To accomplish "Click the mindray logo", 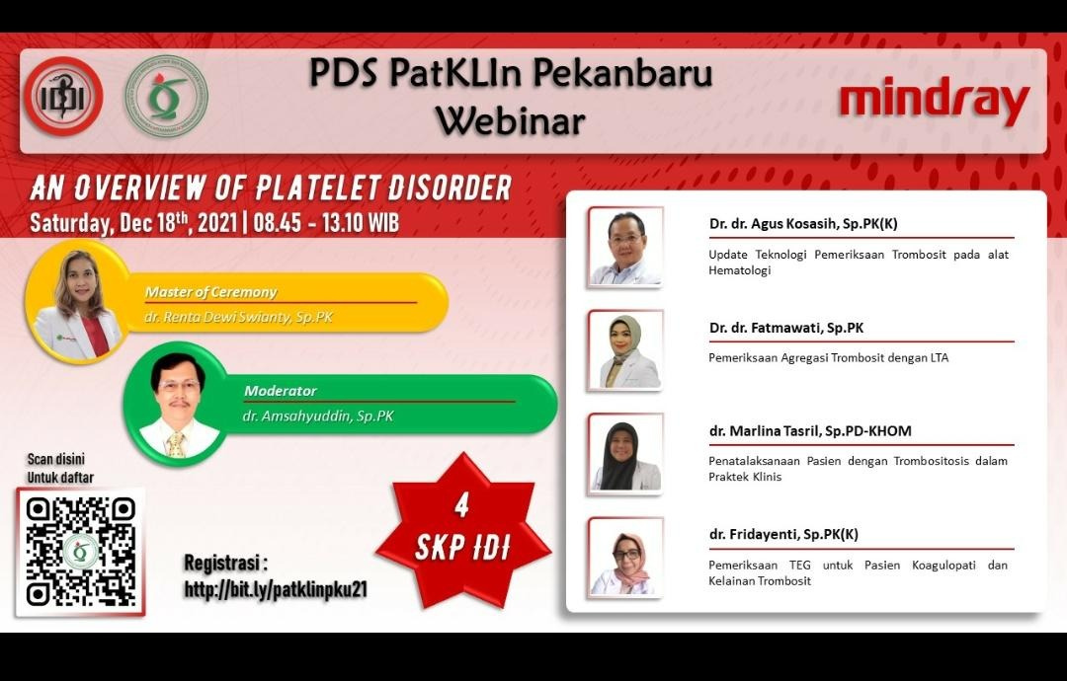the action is point(935,103).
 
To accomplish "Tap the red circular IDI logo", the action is point(63,96).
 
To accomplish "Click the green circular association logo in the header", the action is point(166,96).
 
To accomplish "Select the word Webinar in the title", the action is point(511,121).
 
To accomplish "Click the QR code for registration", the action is point(80,552).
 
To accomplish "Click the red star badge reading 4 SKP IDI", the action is point(462,530).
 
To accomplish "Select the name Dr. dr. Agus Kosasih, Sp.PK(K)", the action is point(803,224).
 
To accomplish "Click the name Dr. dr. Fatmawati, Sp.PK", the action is point(786,328).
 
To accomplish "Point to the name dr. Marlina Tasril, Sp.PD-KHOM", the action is point(810,431).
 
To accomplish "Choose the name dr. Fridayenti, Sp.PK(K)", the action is point(783,534).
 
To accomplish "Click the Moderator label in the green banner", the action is point(281,391).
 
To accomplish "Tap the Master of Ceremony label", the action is point(211,292).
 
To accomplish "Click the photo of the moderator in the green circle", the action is point(176,404).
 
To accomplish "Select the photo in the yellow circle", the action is point(77,302).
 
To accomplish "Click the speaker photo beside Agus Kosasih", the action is point(625,248).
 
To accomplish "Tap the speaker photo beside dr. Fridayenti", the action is point(625,558).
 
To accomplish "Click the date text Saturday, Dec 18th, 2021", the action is point(133,223).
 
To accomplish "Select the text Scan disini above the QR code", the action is point(55,459).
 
